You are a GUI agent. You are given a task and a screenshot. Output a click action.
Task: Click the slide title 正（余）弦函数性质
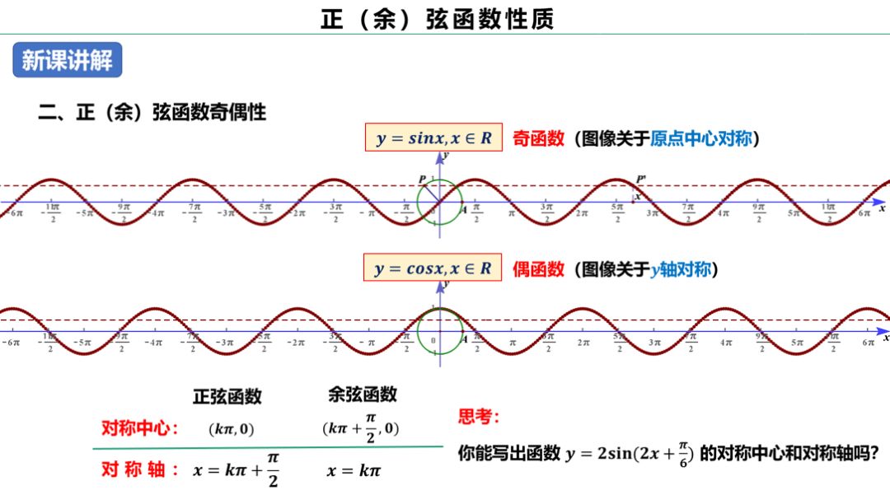point(438,19)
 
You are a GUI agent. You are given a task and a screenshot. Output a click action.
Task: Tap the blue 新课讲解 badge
point(67,60)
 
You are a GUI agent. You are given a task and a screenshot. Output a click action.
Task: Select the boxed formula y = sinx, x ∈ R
point(433,138)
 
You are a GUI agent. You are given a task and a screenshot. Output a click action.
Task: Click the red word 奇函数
point(538,138)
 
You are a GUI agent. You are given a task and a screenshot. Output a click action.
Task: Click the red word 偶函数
point(538,269)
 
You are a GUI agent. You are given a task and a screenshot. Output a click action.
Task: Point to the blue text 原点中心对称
point(701,138)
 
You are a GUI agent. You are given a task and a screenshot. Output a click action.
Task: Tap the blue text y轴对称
point(680,269)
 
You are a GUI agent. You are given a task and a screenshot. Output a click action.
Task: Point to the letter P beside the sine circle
point(422,180)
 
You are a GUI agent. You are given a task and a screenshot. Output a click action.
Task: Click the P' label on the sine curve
point(640,179)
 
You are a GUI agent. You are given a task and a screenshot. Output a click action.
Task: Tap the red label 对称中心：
point(139,428)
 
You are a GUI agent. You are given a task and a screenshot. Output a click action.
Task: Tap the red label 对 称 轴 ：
point(139,469)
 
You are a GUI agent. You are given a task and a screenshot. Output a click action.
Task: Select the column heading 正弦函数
point(227,396)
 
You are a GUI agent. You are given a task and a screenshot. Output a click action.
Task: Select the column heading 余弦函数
point(362,394)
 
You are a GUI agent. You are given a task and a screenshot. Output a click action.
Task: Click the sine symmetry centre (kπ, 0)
point(232,429)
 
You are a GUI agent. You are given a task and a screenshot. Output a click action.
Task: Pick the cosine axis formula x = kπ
point(354,470)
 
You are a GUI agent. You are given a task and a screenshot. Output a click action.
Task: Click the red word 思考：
point(479,417)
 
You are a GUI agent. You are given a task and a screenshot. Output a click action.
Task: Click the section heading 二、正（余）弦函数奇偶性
point(152,112)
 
